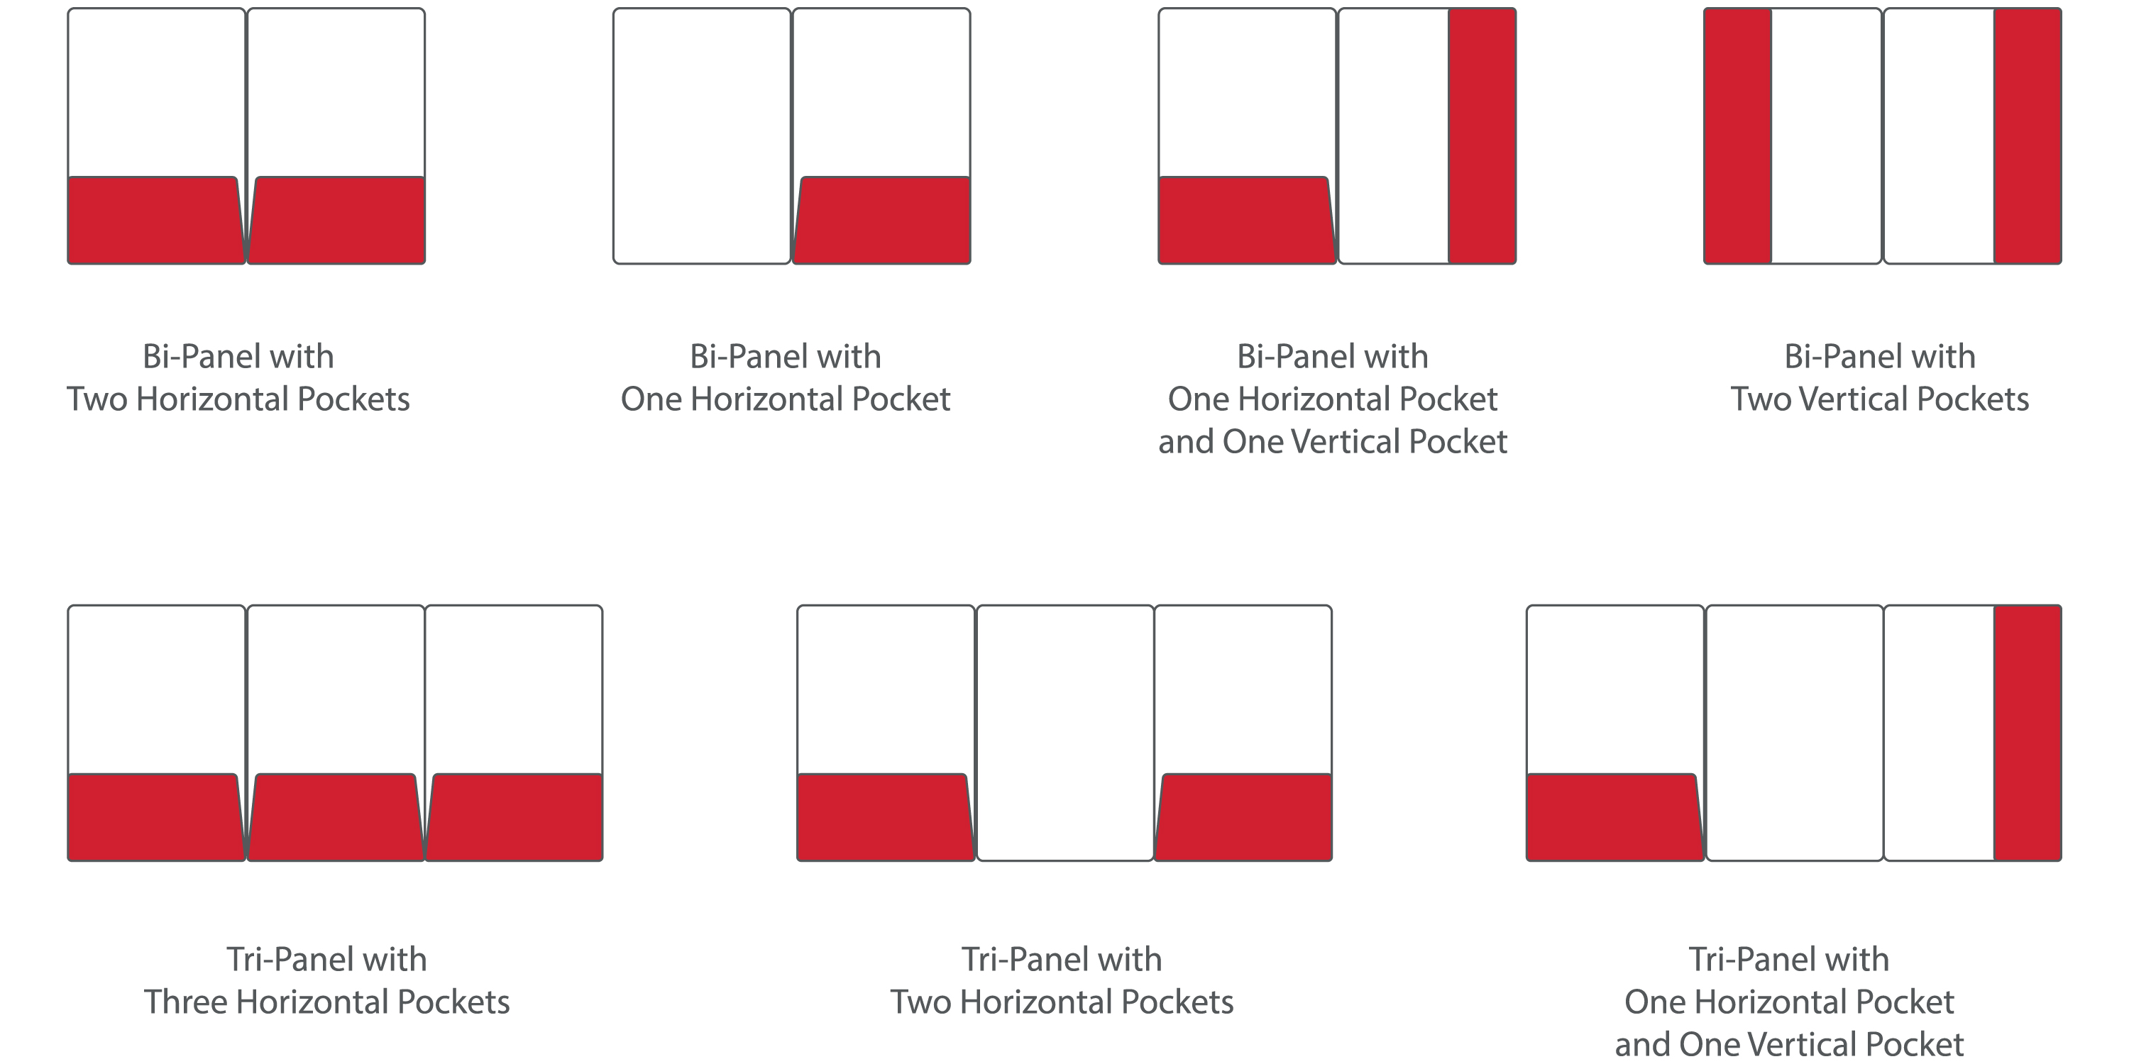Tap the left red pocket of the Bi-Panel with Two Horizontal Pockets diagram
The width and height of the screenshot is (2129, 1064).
156,221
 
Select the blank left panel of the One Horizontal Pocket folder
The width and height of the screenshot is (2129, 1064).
702,136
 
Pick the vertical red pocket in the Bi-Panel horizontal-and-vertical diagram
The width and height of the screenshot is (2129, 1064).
1482,136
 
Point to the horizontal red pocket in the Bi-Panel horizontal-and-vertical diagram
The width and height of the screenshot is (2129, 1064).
1247,221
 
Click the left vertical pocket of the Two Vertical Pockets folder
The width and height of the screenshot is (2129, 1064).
1738,136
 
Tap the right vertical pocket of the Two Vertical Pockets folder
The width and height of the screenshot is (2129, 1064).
2028,136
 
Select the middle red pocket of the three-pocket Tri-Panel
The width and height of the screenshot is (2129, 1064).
336,818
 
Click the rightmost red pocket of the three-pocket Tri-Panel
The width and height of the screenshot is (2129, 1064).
514,818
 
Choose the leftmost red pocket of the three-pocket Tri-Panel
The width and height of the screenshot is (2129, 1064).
156,818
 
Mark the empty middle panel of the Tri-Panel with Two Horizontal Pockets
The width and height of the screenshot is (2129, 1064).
1064,733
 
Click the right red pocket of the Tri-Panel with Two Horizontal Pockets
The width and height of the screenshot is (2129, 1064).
1243,818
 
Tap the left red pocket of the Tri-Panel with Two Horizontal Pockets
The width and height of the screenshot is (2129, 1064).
886,818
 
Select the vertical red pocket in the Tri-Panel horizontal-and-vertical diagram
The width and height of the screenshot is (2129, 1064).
2028,733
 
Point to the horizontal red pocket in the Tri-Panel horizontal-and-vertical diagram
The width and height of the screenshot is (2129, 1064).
1615,818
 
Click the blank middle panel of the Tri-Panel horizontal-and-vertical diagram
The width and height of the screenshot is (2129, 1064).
1794,733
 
